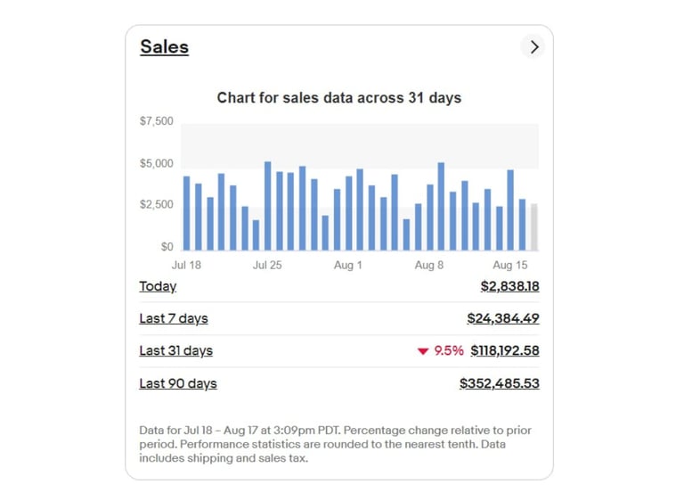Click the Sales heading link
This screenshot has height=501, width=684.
(164, 46)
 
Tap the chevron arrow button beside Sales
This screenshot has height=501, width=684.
(533, 47)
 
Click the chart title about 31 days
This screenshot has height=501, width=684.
(338, 97)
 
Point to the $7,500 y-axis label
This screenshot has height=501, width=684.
(157, 121)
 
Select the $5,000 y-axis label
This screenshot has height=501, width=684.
(157, 164)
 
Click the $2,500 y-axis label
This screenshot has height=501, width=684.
(157, 205)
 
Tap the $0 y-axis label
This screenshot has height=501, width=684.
(167, 247)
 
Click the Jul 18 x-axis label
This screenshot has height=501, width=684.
(186, 265)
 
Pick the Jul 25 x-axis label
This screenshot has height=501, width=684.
(267, 265)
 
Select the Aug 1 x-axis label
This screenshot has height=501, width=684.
(347, 265)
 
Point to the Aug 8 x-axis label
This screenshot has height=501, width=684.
(429, 265)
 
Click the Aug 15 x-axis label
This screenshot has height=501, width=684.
(510, 265)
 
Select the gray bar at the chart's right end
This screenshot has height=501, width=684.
(534, 227)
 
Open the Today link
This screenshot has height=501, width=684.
(158, 286)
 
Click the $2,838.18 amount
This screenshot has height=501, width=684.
(509, 286)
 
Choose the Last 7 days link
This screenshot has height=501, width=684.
(174, 318)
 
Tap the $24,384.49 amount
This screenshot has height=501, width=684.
(503, 318)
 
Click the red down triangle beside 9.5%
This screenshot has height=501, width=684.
(423, 351)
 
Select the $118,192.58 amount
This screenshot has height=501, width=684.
(505, 350)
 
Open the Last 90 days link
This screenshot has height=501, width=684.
(178, 383)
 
